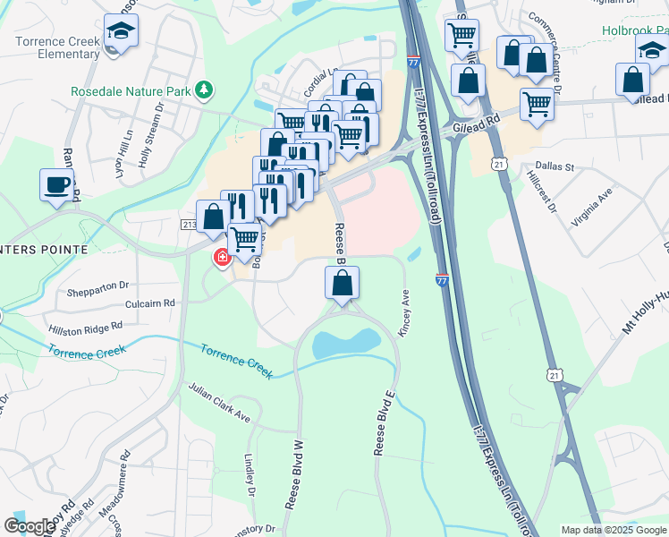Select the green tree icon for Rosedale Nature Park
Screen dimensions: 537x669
point(206,89)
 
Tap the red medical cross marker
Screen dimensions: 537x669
point(221,258)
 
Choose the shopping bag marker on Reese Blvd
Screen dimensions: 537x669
point(342,284)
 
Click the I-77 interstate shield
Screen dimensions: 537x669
point(443,280)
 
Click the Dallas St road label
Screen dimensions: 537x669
point(555,166)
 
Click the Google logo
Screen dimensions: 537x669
point(30,526)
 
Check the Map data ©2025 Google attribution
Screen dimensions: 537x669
point(613,530)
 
